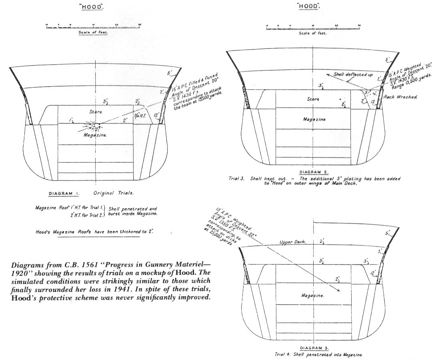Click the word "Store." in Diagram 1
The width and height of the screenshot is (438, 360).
tap(96, 112)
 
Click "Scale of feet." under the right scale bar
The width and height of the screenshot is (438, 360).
tap(313, 33)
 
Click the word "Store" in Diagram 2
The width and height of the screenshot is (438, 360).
tap(313, 98)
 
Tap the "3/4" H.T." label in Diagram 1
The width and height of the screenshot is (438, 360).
tap(140, 117)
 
